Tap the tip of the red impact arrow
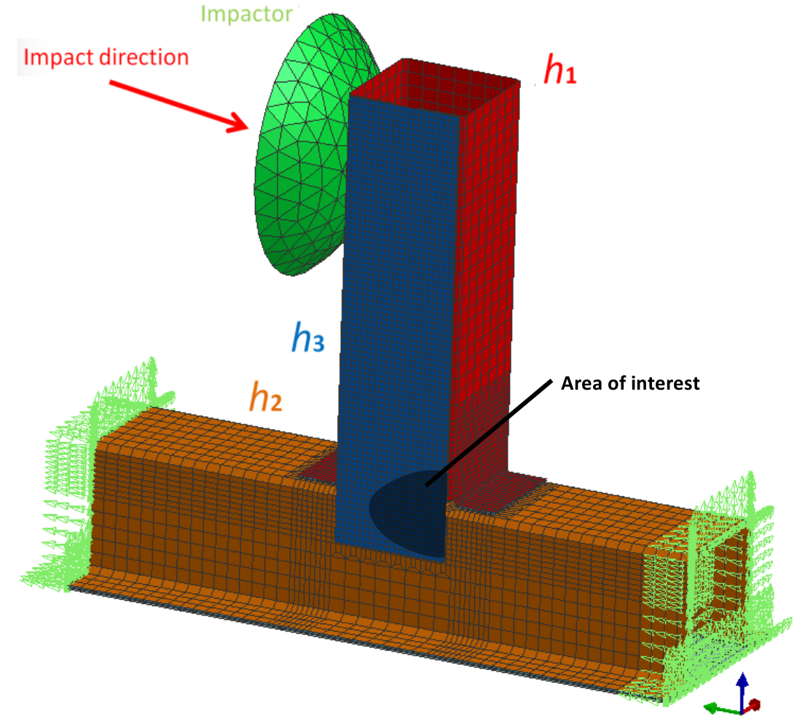(248, 129)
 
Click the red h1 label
(560, 71)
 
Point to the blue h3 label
(304, 337)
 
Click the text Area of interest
(629, 383)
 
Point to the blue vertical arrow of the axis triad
(742, 688)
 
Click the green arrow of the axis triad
(717, 707)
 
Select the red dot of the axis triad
(755, 704)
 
